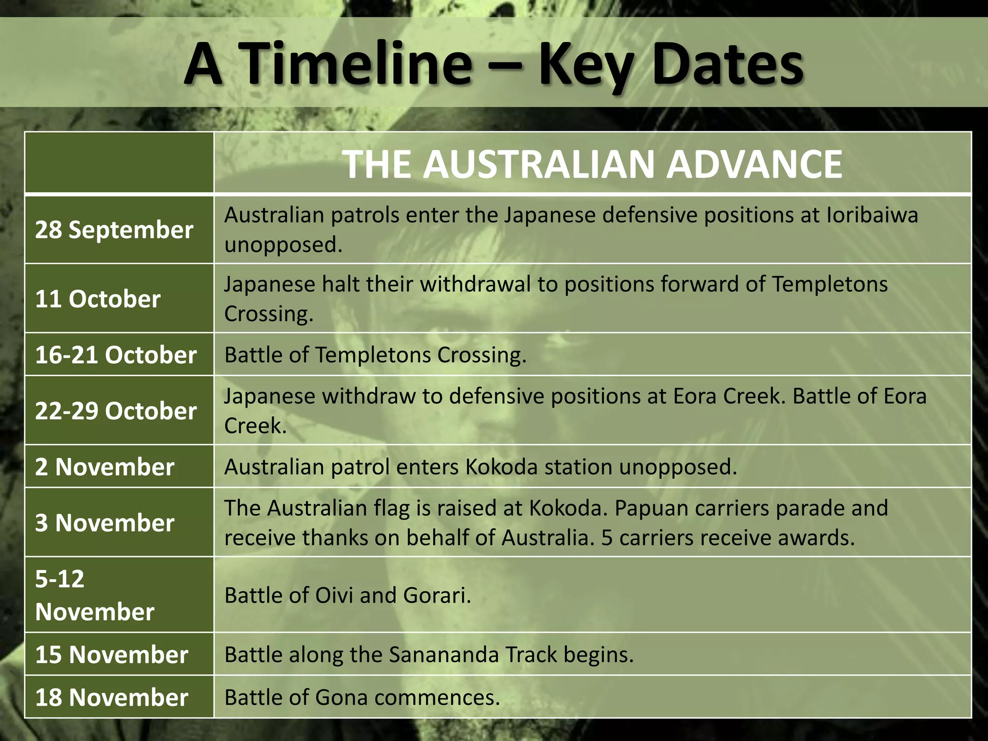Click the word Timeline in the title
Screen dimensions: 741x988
357,64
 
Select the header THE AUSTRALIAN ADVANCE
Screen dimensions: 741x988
592,164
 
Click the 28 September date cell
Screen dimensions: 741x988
114,230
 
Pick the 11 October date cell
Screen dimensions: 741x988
97,299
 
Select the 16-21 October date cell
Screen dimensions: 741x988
116,355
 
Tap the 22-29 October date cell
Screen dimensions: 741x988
116,411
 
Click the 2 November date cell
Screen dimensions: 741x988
104,467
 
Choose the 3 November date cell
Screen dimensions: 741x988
104,522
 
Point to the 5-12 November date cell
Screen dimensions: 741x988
95,595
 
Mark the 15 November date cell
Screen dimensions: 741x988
111,654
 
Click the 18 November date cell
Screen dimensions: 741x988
111,697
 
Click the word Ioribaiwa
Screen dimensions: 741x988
872,215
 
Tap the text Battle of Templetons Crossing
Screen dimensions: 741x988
375,355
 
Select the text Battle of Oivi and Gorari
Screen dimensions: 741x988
347,595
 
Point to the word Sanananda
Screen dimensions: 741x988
444,655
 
